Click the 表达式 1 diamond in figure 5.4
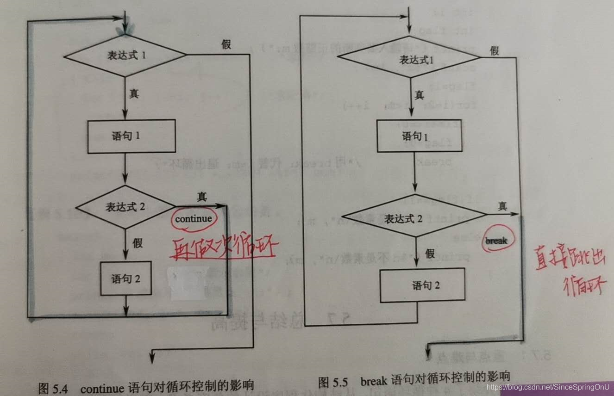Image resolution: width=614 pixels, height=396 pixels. click(x=125, y=56)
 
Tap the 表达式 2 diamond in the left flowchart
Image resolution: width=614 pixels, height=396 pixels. click(x=125, y=207)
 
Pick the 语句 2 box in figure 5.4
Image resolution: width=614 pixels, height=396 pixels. click(x=126, y=279)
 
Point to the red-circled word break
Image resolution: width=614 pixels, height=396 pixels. click(x=496, y=241)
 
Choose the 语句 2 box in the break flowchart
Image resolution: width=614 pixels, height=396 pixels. click(x=422, y=285)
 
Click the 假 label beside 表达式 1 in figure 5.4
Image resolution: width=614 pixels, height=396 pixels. click(x=226, y=44)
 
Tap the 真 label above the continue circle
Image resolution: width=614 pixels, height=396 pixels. click(x=201, y=197)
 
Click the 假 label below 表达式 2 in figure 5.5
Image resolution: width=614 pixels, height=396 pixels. click(x=430, y=253)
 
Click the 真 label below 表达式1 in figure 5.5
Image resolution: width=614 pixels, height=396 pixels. click(x=419, y=95)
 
